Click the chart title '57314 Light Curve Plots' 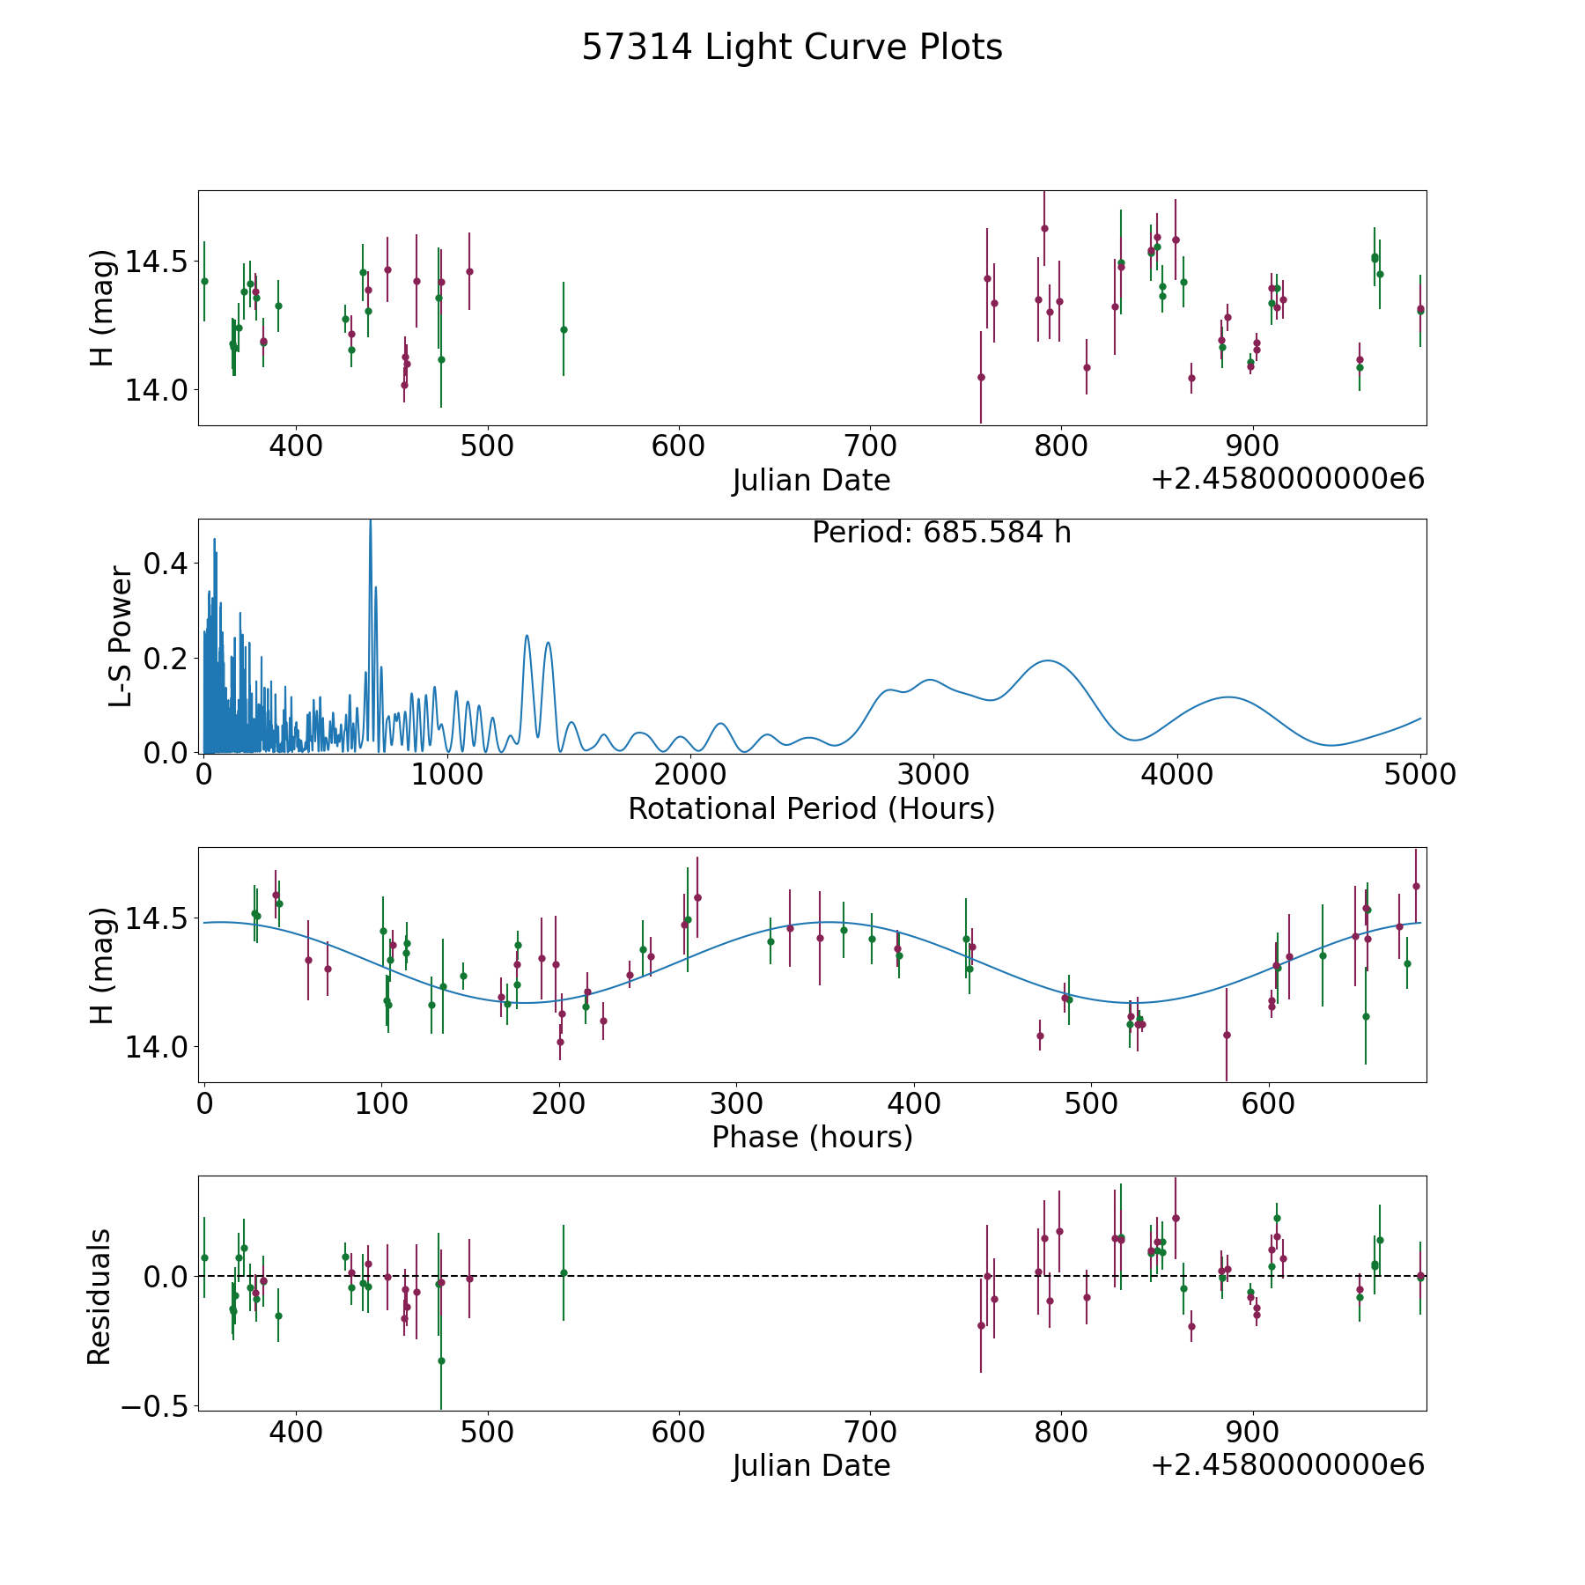792,48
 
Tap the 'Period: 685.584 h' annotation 941,533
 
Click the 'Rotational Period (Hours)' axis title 811,808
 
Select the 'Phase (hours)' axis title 812,1137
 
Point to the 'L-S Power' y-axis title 121,637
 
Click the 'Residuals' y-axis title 100,1296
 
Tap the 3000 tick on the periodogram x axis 933,774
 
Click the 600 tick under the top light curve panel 678,446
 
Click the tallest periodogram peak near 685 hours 371,521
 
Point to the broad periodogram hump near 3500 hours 1048,660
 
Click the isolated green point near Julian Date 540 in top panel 564,329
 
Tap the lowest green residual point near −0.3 441,1360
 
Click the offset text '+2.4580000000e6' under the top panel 1288,479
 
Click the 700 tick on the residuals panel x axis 870,1431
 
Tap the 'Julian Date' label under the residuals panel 811,1465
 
